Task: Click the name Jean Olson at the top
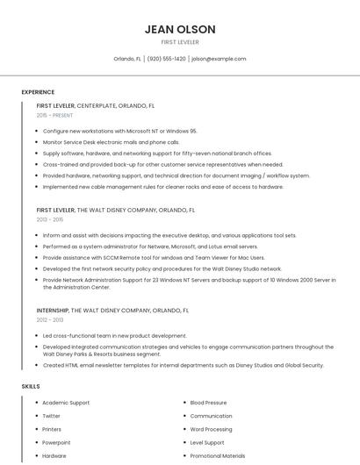pyautogui.click(x=179, y=30)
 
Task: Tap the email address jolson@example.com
pyautogui.click(x=219, y=59)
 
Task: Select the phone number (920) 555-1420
pyautogui.click(x=167, y=59)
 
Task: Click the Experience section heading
pyautogui.click(x=38, y=92)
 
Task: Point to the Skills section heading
pyautogui.click(x=31, y=386)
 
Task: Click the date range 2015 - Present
pyautogui.click(x=54, y=115)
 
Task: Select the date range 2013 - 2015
pyautogui.click(x=51, y=219)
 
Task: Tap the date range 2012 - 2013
pyautogui.click(x=51, y=320)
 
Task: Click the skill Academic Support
pyautogui.click(x=66, y=403)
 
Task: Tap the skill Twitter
pyautogui.click(x=51, y=416)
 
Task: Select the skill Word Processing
pyautogui.click(x=211, y=429)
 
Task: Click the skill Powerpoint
pyautogui.click(x=56, y=442)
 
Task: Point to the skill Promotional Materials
pyautogui.click(x=218, y=455)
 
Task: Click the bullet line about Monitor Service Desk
pyautogui.click(x=111, y=141)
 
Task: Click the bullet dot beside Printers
pyautogui.click(x=34, y=429)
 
